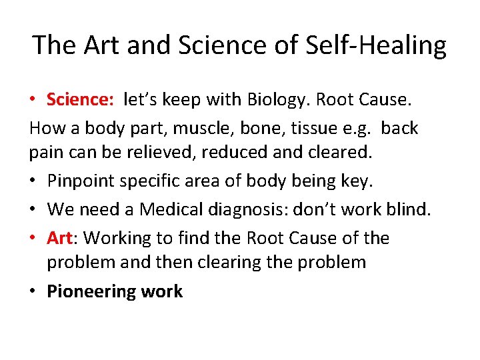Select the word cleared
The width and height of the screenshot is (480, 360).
(x=341, y=153)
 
